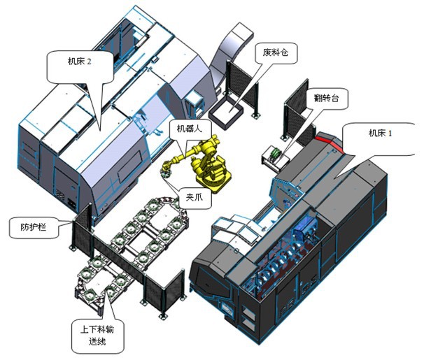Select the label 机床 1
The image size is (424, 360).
(x=381, y=131)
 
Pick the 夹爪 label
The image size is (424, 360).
(x=193, y=196)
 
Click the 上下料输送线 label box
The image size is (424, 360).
(x=96, y=335)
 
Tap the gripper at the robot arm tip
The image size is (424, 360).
(x=166, y=168)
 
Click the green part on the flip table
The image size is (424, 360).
(x=276, y=152)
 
